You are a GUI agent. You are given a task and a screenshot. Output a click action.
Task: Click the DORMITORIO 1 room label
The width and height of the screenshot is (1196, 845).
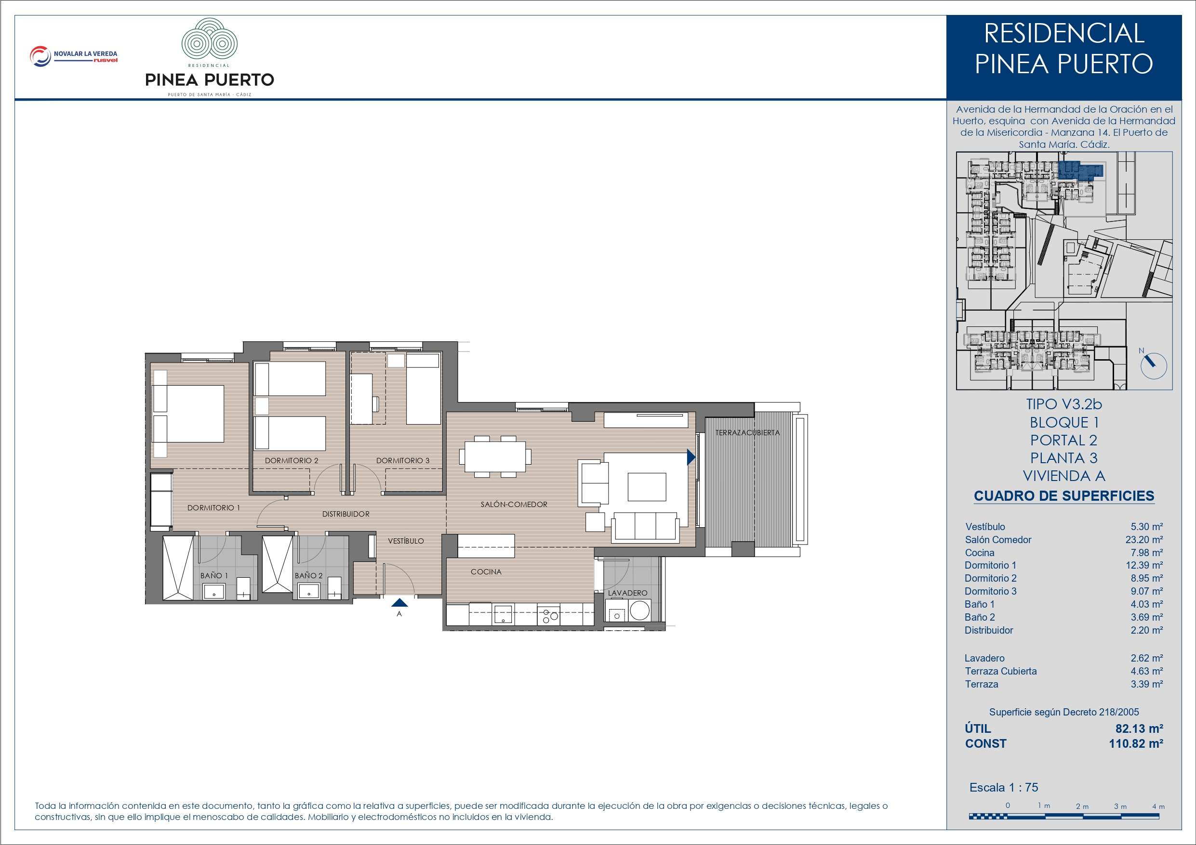click(x=213, y=507)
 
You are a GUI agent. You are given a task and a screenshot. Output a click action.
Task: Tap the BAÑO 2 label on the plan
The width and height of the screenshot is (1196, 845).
click(x=308, y=575)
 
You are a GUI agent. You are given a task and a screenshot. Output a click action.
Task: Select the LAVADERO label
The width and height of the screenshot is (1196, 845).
click(x=628, y=593)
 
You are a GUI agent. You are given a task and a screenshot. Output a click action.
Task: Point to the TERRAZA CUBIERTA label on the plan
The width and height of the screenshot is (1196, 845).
click(x=747, y=433)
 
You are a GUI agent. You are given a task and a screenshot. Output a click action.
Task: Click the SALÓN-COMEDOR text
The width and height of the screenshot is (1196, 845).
click(x=514, y=504)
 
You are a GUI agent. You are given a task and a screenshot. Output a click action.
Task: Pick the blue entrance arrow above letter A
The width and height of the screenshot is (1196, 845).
click(x=399, y=602)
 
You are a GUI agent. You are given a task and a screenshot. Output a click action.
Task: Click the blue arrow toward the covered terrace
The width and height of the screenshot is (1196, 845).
click(x=691, y=457)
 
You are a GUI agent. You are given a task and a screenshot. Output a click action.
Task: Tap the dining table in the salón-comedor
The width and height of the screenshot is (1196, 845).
click(x=495, y=456)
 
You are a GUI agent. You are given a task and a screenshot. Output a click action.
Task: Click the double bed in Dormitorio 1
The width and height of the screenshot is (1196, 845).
click(x=188, y=414)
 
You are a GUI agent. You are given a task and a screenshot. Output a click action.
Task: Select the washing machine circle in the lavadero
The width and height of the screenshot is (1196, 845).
click(x=639, y=610)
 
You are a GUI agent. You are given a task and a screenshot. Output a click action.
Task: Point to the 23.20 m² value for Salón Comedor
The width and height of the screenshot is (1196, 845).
click(x=1144, y=540)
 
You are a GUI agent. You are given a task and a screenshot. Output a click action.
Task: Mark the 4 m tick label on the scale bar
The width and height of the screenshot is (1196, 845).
click(x=1158, y=806)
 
